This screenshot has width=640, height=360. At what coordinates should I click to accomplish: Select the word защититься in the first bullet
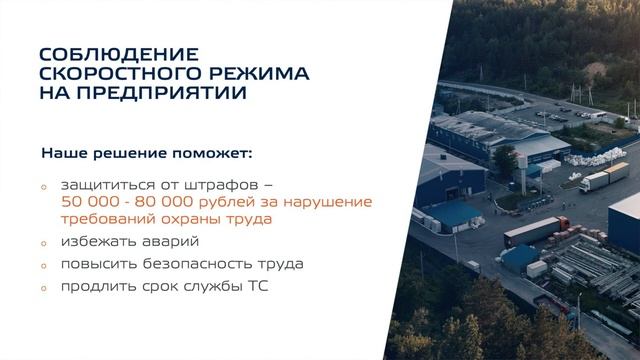(104, 186)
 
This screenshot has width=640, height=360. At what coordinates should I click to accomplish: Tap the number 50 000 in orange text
(94, 202)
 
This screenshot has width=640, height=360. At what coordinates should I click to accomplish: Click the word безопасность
(200, 264)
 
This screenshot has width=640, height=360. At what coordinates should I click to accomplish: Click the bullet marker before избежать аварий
(44, 243)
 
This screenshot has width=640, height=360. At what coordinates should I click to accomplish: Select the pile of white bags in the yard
(584, 160)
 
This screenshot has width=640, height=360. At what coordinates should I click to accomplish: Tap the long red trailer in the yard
(536, 230)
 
